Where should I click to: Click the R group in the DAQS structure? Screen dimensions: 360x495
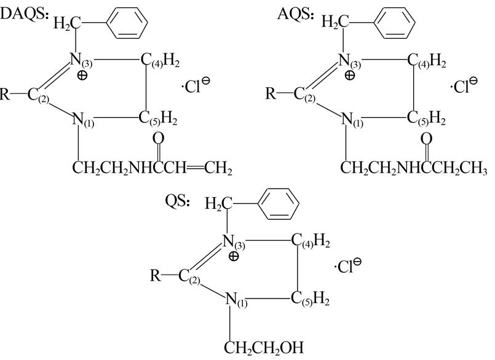(x=6, y=95)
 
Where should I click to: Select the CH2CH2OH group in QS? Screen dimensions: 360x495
(x=264, y=347)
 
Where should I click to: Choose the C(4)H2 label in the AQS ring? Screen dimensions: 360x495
(x=426, y=60)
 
